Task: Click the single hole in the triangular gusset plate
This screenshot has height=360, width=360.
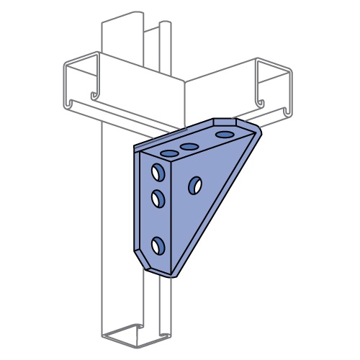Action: click(194, 186)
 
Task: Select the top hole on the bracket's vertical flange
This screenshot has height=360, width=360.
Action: click(157, 173)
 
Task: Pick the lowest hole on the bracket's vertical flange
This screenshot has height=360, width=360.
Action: click(158, 246)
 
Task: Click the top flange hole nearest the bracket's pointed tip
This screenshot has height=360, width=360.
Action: click(225, 135)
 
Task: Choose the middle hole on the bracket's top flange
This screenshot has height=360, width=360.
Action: click(189, 148)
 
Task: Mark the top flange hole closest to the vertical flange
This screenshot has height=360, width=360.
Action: click(170, 154)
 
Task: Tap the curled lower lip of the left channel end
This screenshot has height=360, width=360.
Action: click(94, 96)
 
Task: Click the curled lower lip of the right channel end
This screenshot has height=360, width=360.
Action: click(287, 111)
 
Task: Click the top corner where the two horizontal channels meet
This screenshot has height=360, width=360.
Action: click(186, 81)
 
